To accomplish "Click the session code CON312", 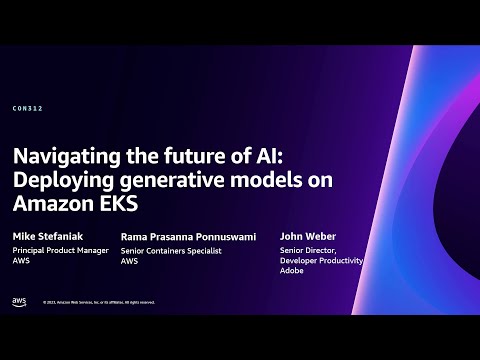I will click(27, 107).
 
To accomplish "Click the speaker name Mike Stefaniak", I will click(47, 237).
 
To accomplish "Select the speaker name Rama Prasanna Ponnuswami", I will click(188, 237).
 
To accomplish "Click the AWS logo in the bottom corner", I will click(20, 301).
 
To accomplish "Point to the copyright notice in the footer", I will click(95, 302).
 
